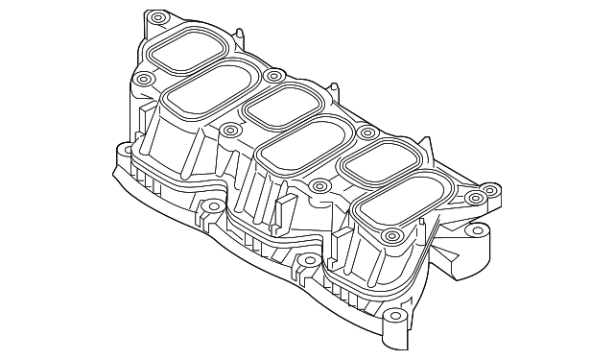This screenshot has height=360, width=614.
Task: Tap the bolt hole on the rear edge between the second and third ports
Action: (x=274, y=75)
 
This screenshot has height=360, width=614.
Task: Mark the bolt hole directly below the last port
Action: (x=389, y=235)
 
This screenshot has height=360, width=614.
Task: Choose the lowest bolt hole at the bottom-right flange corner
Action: (x=392, y=317)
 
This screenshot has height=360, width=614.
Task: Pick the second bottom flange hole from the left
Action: (x=204, y=205)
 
